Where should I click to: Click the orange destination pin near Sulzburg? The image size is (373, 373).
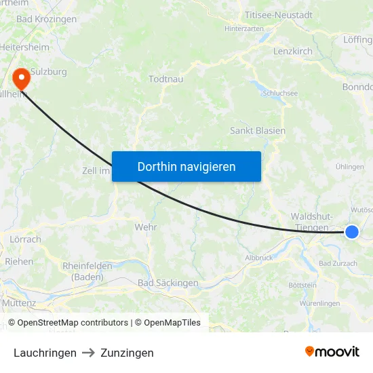[x=22, y=78]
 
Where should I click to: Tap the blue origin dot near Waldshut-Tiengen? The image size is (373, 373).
[x=351, y=232]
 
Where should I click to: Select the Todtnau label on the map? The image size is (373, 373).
[x=165, y=79]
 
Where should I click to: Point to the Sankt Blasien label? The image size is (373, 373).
[x=258, y=130]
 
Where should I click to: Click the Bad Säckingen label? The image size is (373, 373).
[x=168, y=283]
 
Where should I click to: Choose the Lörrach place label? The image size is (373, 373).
[x=26, y=239]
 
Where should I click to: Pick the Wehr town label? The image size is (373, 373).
[x=146, y=227]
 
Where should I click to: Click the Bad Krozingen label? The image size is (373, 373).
[x=46, y=19]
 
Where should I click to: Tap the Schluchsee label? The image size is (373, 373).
[x=280, y=94]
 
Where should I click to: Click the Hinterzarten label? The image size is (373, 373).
[x=243, y=29]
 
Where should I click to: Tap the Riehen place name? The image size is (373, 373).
[x=19, y=261]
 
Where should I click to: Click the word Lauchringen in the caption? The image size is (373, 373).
[x=45, y=353]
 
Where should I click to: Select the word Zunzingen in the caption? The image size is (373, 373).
[x=127, y=353]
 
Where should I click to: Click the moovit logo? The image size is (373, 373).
[x=332, y=351]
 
